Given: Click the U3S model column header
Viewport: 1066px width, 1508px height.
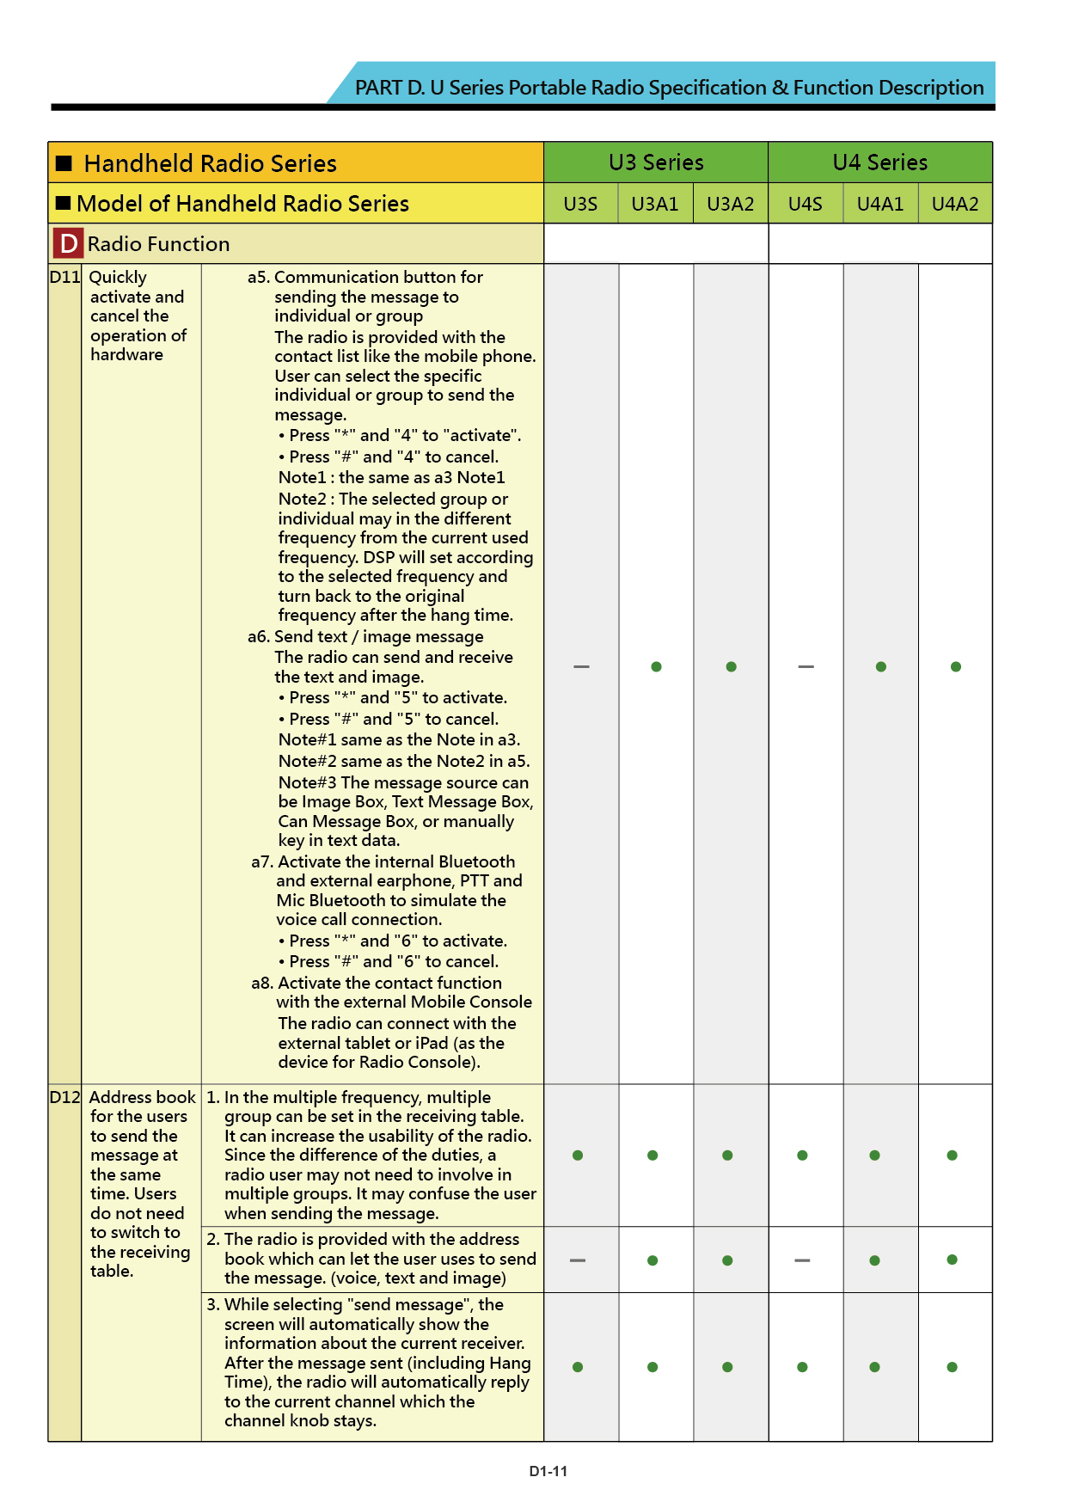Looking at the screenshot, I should coord(580,204).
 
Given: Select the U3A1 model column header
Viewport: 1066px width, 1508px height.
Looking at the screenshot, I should coord(655,204).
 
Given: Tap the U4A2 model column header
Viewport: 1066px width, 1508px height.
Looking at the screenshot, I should coord(955,204).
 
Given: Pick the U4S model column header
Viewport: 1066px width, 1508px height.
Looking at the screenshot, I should coord(806,204).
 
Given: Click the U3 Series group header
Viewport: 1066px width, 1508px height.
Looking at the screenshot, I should coord(656,162).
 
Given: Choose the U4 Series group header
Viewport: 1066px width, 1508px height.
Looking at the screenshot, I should coord(880,162).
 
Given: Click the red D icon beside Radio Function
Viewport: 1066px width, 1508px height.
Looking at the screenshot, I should coord(68,244).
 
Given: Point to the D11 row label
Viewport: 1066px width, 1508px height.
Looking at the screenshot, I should coord(64,277).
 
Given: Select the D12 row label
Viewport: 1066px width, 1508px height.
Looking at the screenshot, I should coord(64,1097).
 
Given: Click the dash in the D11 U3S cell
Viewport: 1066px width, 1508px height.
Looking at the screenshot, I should coord(581,666).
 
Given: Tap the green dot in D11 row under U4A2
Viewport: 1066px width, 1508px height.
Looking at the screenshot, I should coord(956,666).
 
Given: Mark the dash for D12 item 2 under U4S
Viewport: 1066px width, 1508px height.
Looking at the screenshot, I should coord(802,1260).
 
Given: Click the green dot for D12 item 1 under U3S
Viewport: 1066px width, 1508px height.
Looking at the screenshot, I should coord(578,1156).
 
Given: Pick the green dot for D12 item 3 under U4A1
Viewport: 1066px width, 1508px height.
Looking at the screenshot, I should coord(874,1367).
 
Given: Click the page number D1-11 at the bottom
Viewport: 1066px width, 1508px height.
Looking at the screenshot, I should coord(548,1471).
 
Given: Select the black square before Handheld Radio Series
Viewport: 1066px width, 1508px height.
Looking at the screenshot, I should coord(64,163).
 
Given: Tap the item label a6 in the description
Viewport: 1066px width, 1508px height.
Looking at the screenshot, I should coord(258,637).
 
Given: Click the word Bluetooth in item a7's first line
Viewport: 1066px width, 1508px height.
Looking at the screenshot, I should coord(476,861).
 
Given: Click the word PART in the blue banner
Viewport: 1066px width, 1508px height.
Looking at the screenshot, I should coord(378,88).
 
